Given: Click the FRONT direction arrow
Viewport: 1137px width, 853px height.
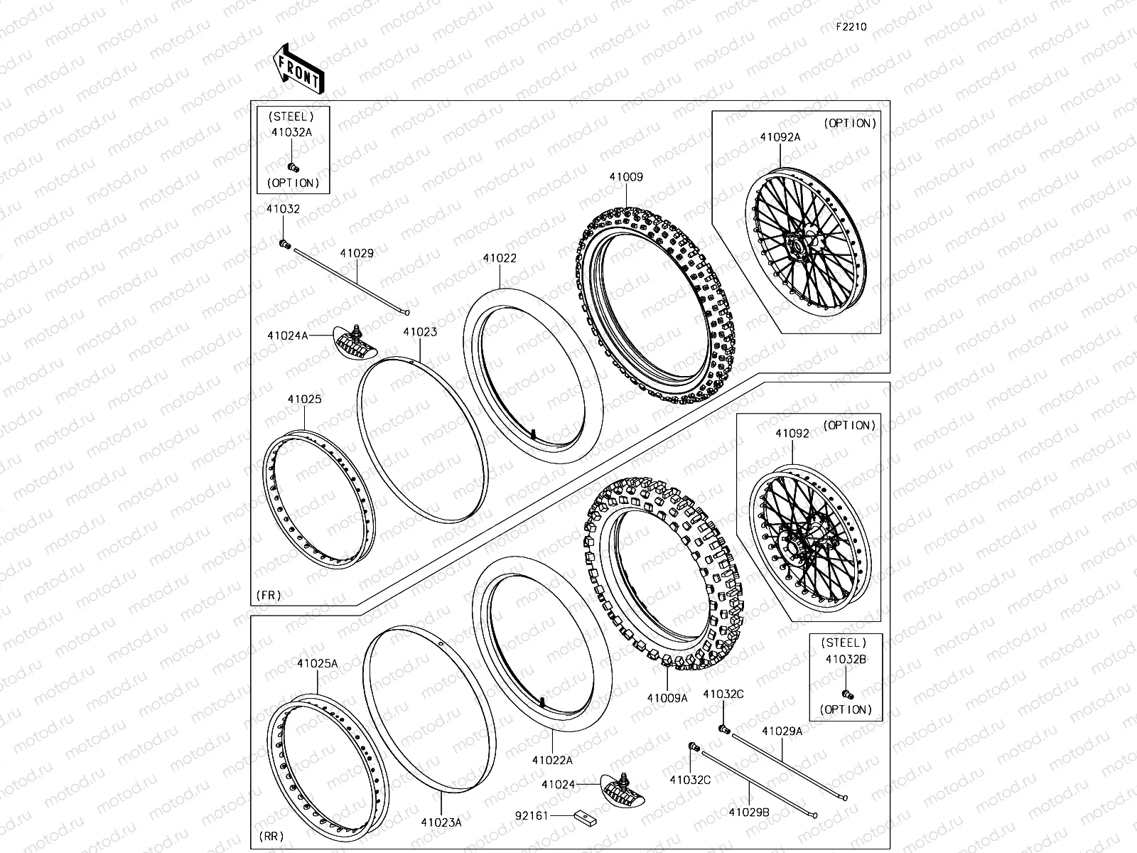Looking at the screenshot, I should pos(297,68).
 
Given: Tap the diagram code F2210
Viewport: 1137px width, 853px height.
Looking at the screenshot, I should pos(851,27).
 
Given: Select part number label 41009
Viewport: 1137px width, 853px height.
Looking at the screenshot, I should pos(625,177).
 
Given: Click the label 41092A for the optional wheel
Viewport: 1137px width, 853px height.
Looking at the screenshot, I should pos(780,137).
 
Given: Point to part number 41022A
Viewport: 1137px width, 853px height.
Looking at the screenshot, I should pos(552,760).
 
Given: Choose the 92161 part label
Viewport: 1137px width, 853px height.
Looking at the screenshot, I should pos(532,815).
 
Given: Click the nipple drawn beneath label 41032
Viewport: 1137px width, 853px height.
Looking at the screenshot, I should pos(285,245).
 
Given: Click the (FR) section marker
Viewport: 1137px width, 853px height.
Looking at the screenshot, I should pos(268,594).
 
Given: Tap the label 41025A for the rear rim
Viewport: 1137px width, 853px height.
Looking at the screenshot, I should pos(317,663).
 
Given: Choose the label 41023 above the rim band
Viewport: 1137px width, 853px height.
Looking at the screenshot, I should pos(420,332).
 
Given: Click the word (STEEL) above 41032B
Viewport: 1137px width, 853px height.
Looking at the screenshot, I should pos(844,642).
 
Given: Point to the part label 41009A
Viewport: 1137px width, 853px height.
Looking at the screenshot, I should pos(667,698).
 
